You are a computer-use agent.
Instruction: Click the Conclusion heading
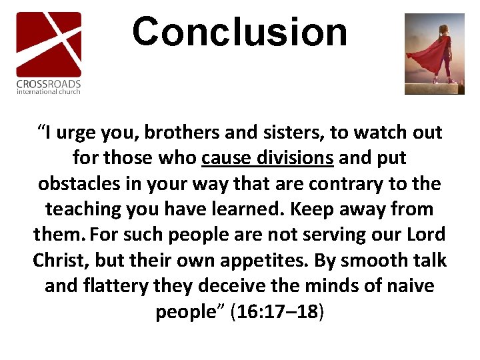(x=239, y=32)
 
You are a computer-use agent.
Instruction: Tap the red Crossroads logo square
(x=49, y=44)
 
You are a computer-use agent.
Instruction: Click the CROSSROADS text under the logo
(x=49, y=84)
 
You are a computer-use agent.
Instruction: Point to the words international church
(x=49, y=91)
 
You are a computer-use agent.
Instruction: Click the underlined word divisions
(x=291, y=159)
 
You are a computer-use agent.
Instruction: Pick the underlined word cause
(x=223, y=159)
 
